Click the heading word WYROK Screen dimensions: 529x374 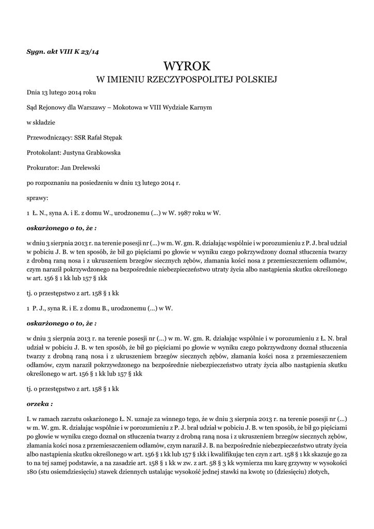[187, 66]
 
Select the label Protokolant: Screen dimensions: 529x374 [43, 153]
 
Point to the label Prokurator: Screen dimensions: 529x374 [42, 168]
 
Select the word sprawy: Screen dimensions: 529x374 [37, 198]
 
